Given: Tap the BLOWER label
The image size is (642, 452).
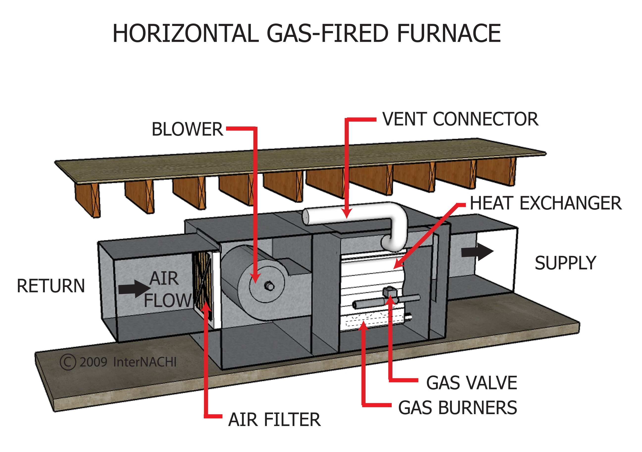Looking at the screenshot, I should (187, 129).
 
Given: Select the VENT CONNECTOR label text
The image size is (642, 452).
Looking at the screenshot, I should (460, 119).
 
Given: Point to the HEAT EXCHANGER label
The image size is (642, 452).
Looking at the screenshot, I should (545, 203).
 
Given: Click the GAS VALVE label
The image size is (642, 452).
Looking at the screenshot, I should (471, 383).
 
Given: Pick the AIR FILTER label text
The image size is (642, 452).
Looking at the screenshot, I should (274, 420).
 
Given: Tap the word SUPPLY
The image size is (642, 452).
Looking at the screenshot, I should (565, 263).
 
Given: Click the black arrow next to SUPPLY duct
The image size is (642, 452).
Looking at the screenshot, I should (477, 252).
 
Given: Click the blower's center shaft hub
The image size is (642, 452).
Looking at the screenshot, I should (270, 286).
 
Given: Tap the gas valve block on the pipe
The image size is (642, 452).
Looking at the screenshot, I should (390, 293).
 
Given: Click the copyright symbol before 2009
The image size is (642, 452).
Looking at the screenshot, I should (68, 362).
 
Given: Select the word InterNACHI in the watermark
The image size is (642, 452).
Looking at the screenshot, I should (145, 362).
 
